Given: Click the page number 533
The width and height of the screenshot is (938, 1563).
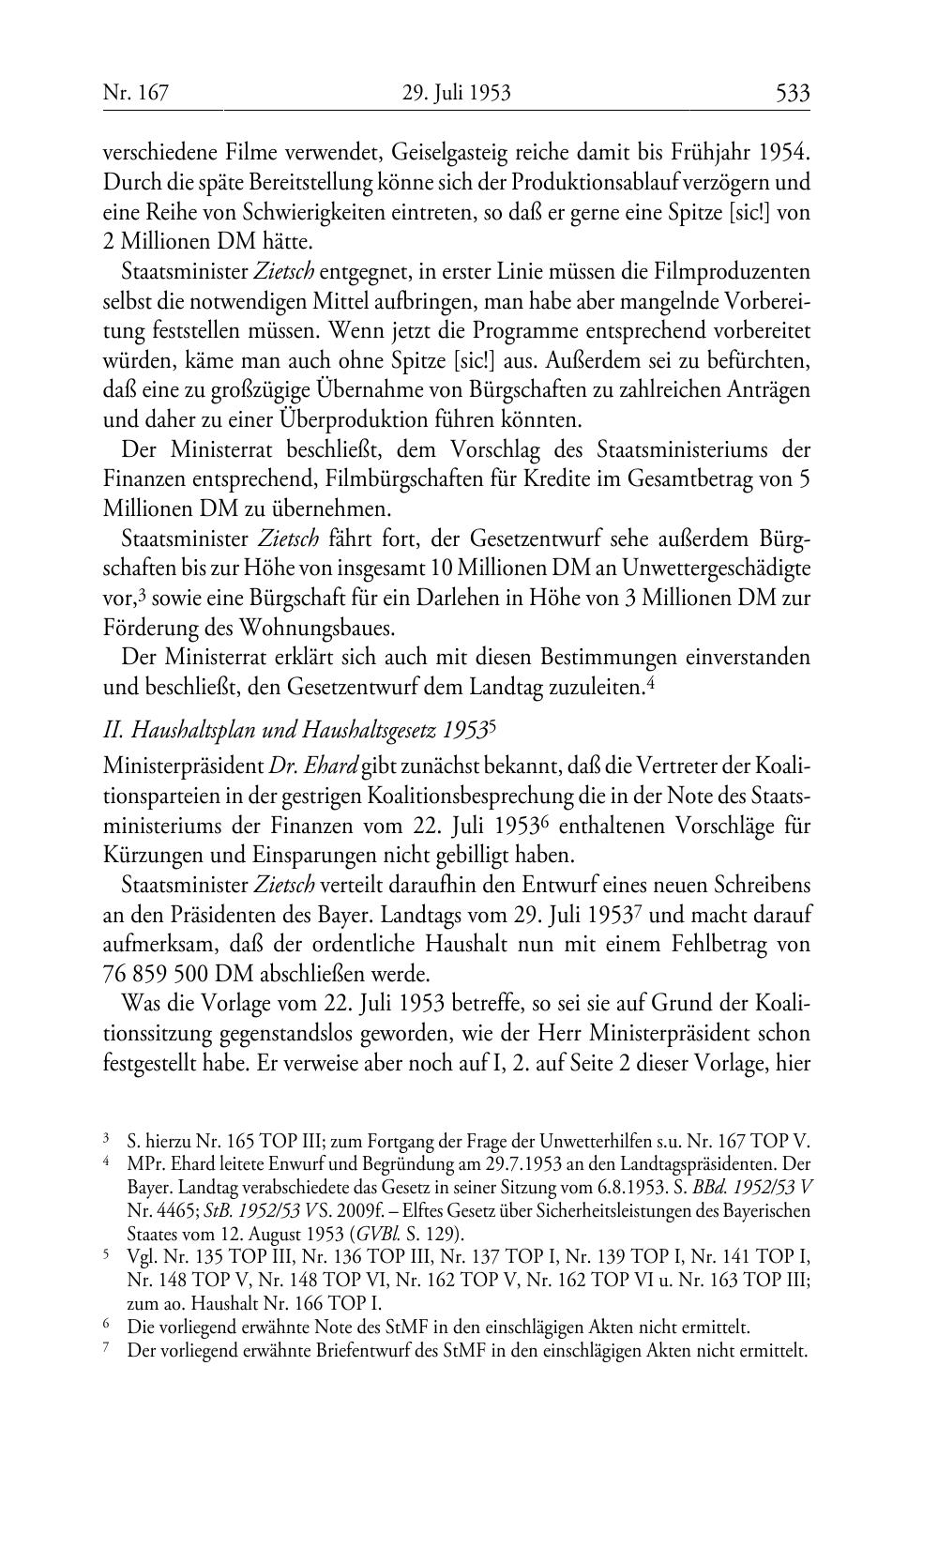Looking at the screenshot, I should tap(792, 93).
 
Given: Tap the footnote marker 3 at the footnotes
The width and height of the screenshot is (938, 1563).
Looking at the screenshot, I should tap(106, 1141).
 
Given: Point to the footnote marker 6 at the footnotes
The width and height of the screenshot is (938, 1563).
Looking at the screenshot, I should tap(106, 1326).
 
